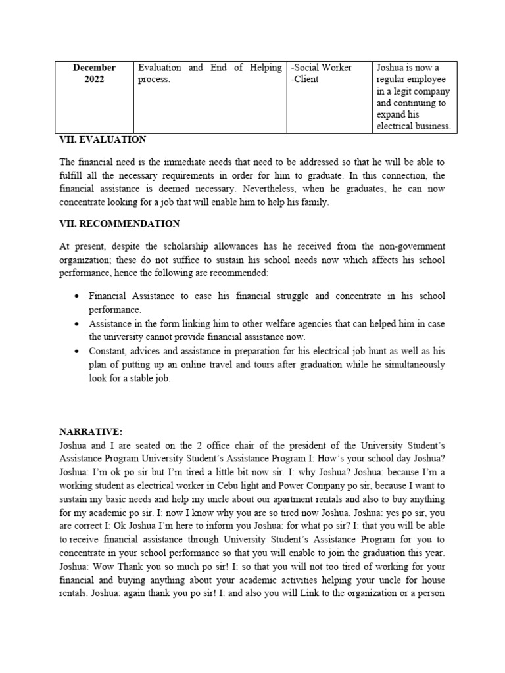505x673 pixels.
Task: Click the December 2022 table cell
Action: pyautogui.click(x=94, y=74)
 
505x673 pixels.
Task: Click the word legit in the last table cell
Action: pyautogui.click(x=411, y=91)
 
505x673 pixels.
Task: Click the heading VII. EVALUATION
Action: pyautogui.click(x=103, y=140)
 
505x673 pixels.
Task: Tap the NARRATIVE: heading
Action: pyautogui.click(x=91, y=432)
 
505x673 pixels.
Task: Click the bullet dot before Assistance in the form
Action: pyautogui.click(x=78, y=325)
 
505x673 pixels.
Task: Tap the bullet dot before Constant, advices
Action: pyautogui.click(x=78, y=352)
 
